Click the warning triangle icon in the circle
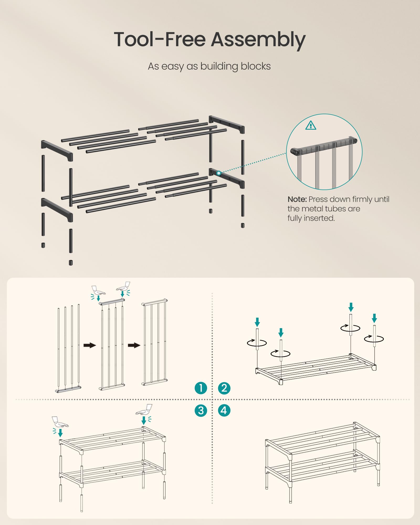[x=311, y=125]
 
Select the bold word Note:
[x=297, y=199]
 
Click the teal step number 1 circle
[x=201, y=388]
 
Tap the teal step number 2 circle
[x=224, y=388]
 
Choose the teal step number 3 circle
[x=201, y=411]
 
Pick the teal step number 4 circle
[x=224, y=411]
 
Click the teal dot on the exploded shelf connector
[x=219, y=173]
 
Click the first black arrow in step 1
[x=90, y=345]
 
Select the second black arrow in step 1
[x=134, y=345]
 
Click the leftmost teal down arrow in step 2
[x=257, y=322]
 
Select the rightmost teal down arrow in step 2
[x=374, y=318]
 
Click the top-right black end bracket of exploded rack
[x=227, y=124]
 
